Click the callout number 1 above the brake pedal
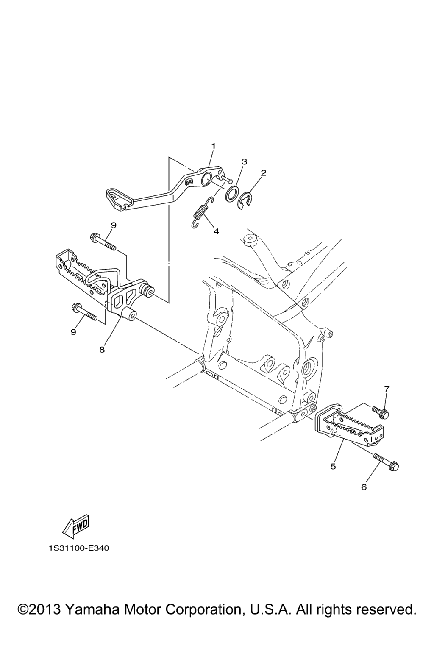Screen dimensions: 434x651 click(x=213, y=146)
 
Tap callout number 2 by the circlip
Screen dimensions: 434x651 click(x=263, y=173)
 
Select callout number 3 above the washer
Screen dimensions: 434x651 click(x=244, y=161)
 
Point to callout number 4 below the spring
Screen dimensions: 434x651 click(x=216, y=231)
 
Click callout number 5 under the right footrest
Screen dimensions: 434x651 click(x=333, y=466)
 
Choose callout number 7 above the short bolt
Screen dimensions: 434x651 click(x=387, y=389)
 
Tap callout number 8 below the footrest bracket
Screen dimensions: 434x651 click(x=102, y=350)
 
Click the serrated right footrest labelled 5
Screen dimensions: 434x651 click(x=349, y=424)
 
